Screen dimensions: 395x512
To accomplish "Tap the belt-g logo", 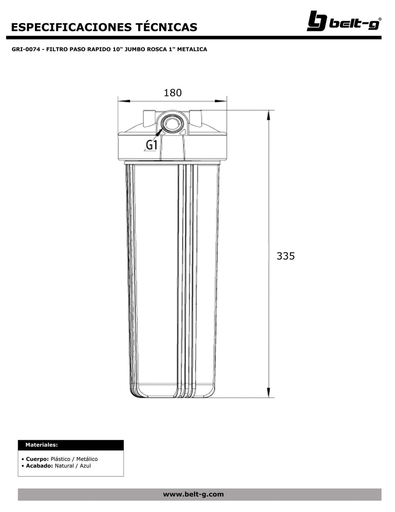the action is tap(344, 21).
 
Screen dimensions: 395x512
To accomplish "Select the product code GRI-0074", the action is tap(26, 49).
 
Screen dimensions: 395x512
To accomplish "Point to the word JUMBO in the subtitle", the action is tap(136, 49).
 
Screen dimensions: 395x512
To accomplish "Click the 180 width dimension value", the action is tap(173, 93).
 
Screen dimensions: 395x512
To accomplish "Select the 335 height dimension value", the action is tap(285, 256).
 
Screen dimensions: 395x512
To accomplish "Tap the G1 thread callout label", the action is tap(151, 145).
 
